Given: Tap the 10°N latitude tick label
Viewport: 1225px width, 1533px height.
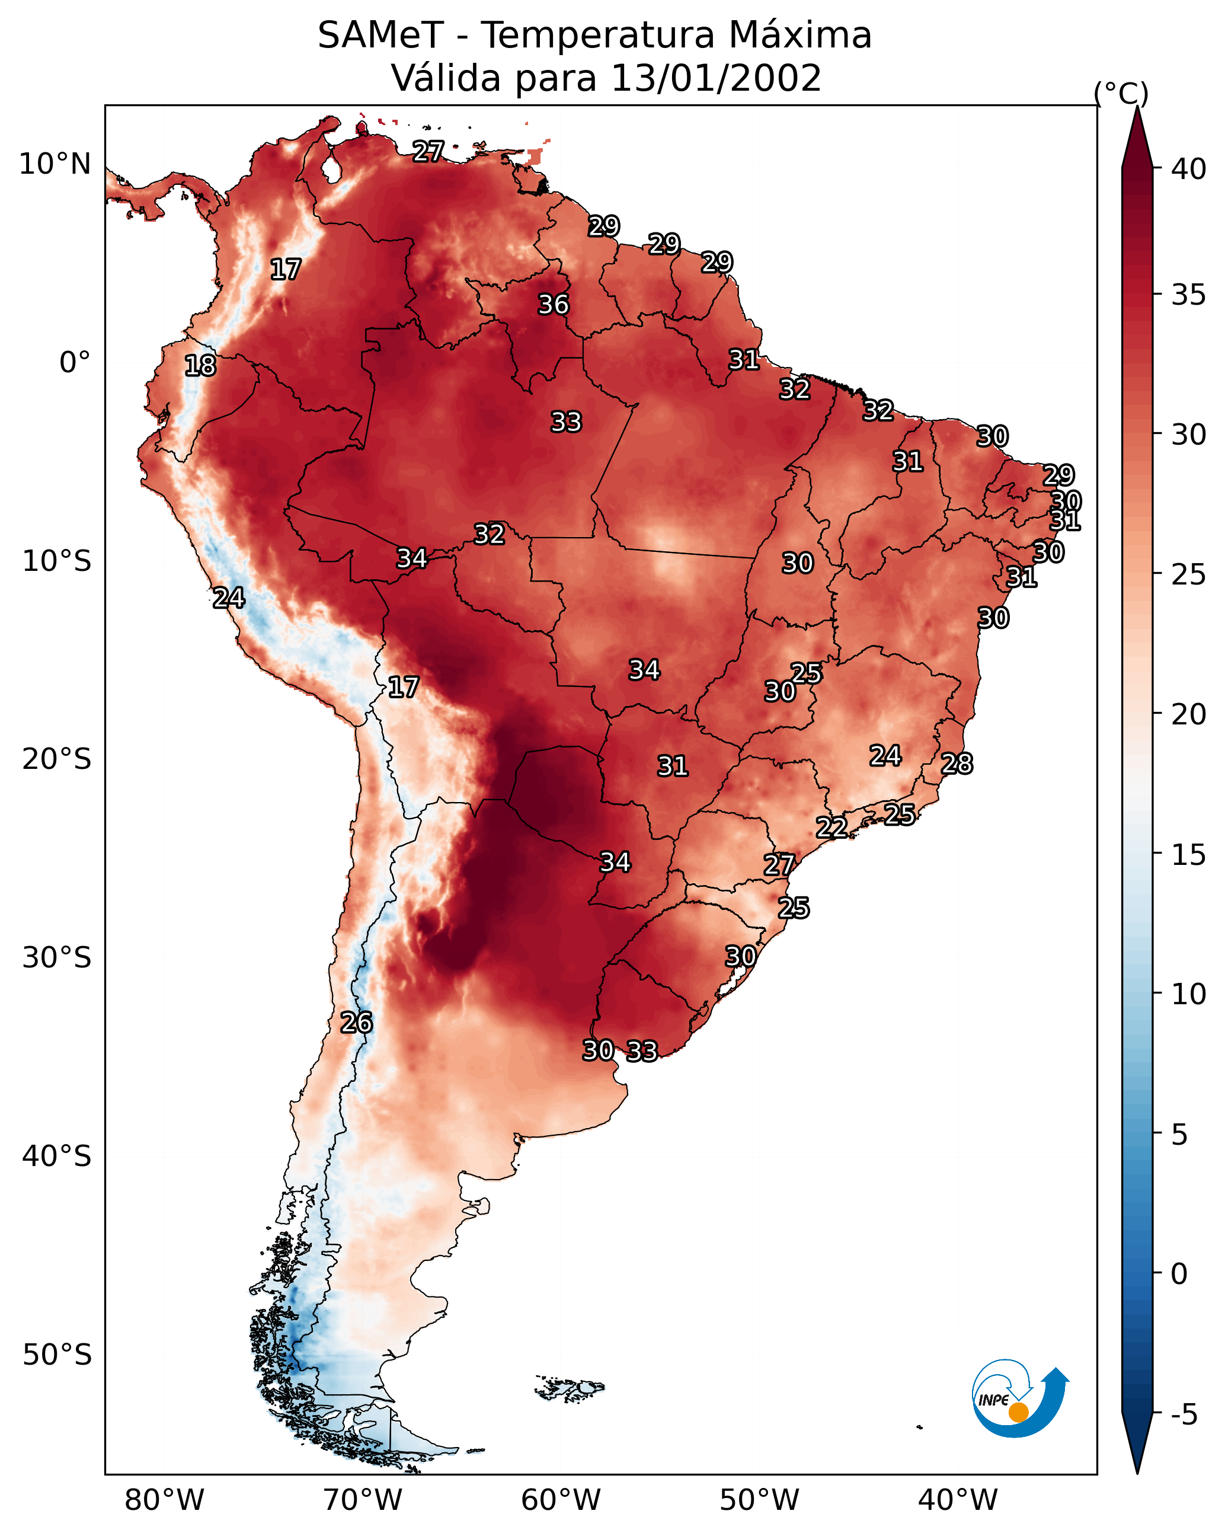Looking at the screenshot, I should (55, 164).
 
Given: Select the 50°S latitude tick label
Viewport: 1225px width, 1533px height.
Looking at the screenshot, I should (57, 1355).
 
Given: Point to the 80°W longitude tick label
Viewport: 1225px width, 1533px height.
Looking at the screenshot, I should (164, 1500).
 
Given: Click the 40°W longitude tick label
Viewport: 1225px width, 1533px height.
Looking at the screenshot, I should (958, 1500).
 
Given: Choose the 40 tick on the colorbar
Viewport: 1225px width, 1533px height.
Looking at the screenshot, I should (1189, 169).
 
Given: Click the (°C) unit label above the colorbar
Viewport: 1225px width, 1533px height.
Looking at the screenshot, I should (1121, 93).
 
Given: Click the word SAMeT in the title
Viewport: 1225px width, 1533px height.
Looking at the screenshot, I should (380, 36).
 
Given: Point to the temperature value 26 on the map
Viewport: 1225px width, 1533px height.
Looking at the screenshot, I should (356, 1023).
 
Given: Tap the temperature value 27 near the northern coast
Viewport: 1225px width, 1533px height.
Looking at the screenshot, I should (428, 151).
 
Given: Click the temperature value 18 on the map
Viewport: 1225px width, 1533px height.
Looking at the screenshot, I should (200, 366).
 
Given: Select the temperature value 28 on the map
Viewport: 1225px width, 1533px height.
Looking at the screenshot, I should (957, 764).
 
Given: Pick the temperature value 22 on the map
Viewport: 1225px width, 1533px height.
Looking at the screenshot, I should (831, 828).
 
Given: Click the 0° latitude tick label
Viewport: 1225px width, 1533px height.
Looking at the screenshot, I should (75, 363).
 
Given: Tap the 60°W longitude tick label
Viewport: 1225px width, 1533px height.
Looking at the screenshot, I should (561, 1500).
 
